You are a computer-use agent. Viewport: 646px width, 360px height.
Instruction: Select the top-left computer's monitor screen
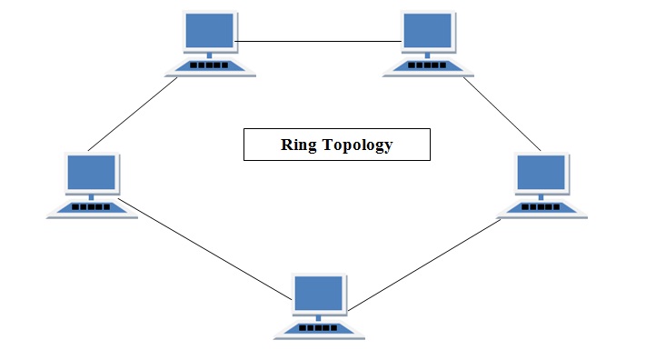click(209, 33)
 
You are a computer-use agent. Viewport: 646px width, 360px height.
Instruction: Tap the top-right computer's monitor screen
click(429, 33)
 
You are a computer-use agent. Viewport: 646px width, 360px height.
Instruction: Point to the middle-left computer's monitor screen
click(92, 172)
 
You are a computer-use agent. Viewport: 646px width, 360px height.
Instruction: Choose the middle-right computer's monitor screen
click(542, 173)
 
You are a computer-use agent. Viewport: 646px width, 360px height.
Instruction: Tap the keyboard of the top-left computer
click(210, 66)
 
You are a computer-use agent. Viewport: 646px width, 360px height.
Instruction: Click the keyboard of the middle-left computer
click(92, 207)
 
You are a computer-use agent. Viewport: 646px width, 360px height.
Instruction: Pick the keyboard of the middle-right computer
click(542, 207)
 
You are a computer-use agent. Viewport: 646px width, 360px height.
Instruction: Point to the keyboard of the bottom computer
click(319, 327)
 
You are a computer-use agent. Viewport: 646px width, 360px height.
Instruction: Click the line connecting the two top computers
click(319, 41)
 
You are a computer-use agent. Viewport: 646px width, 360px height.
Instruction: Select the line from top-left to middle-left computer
click(133, 113)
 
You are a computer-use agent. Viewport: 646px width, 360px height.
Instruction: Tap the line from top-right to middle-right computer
click(503, 114)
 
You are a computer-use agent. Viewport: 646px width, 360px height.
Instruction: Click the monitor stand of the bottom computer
click(319, 315)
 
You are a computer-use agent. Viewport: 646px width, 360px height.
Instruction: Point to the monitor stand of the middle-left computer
click(92, 195)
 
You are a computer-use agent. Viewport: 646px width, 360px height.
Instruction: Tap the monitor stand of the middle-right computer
click(542, 195)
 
